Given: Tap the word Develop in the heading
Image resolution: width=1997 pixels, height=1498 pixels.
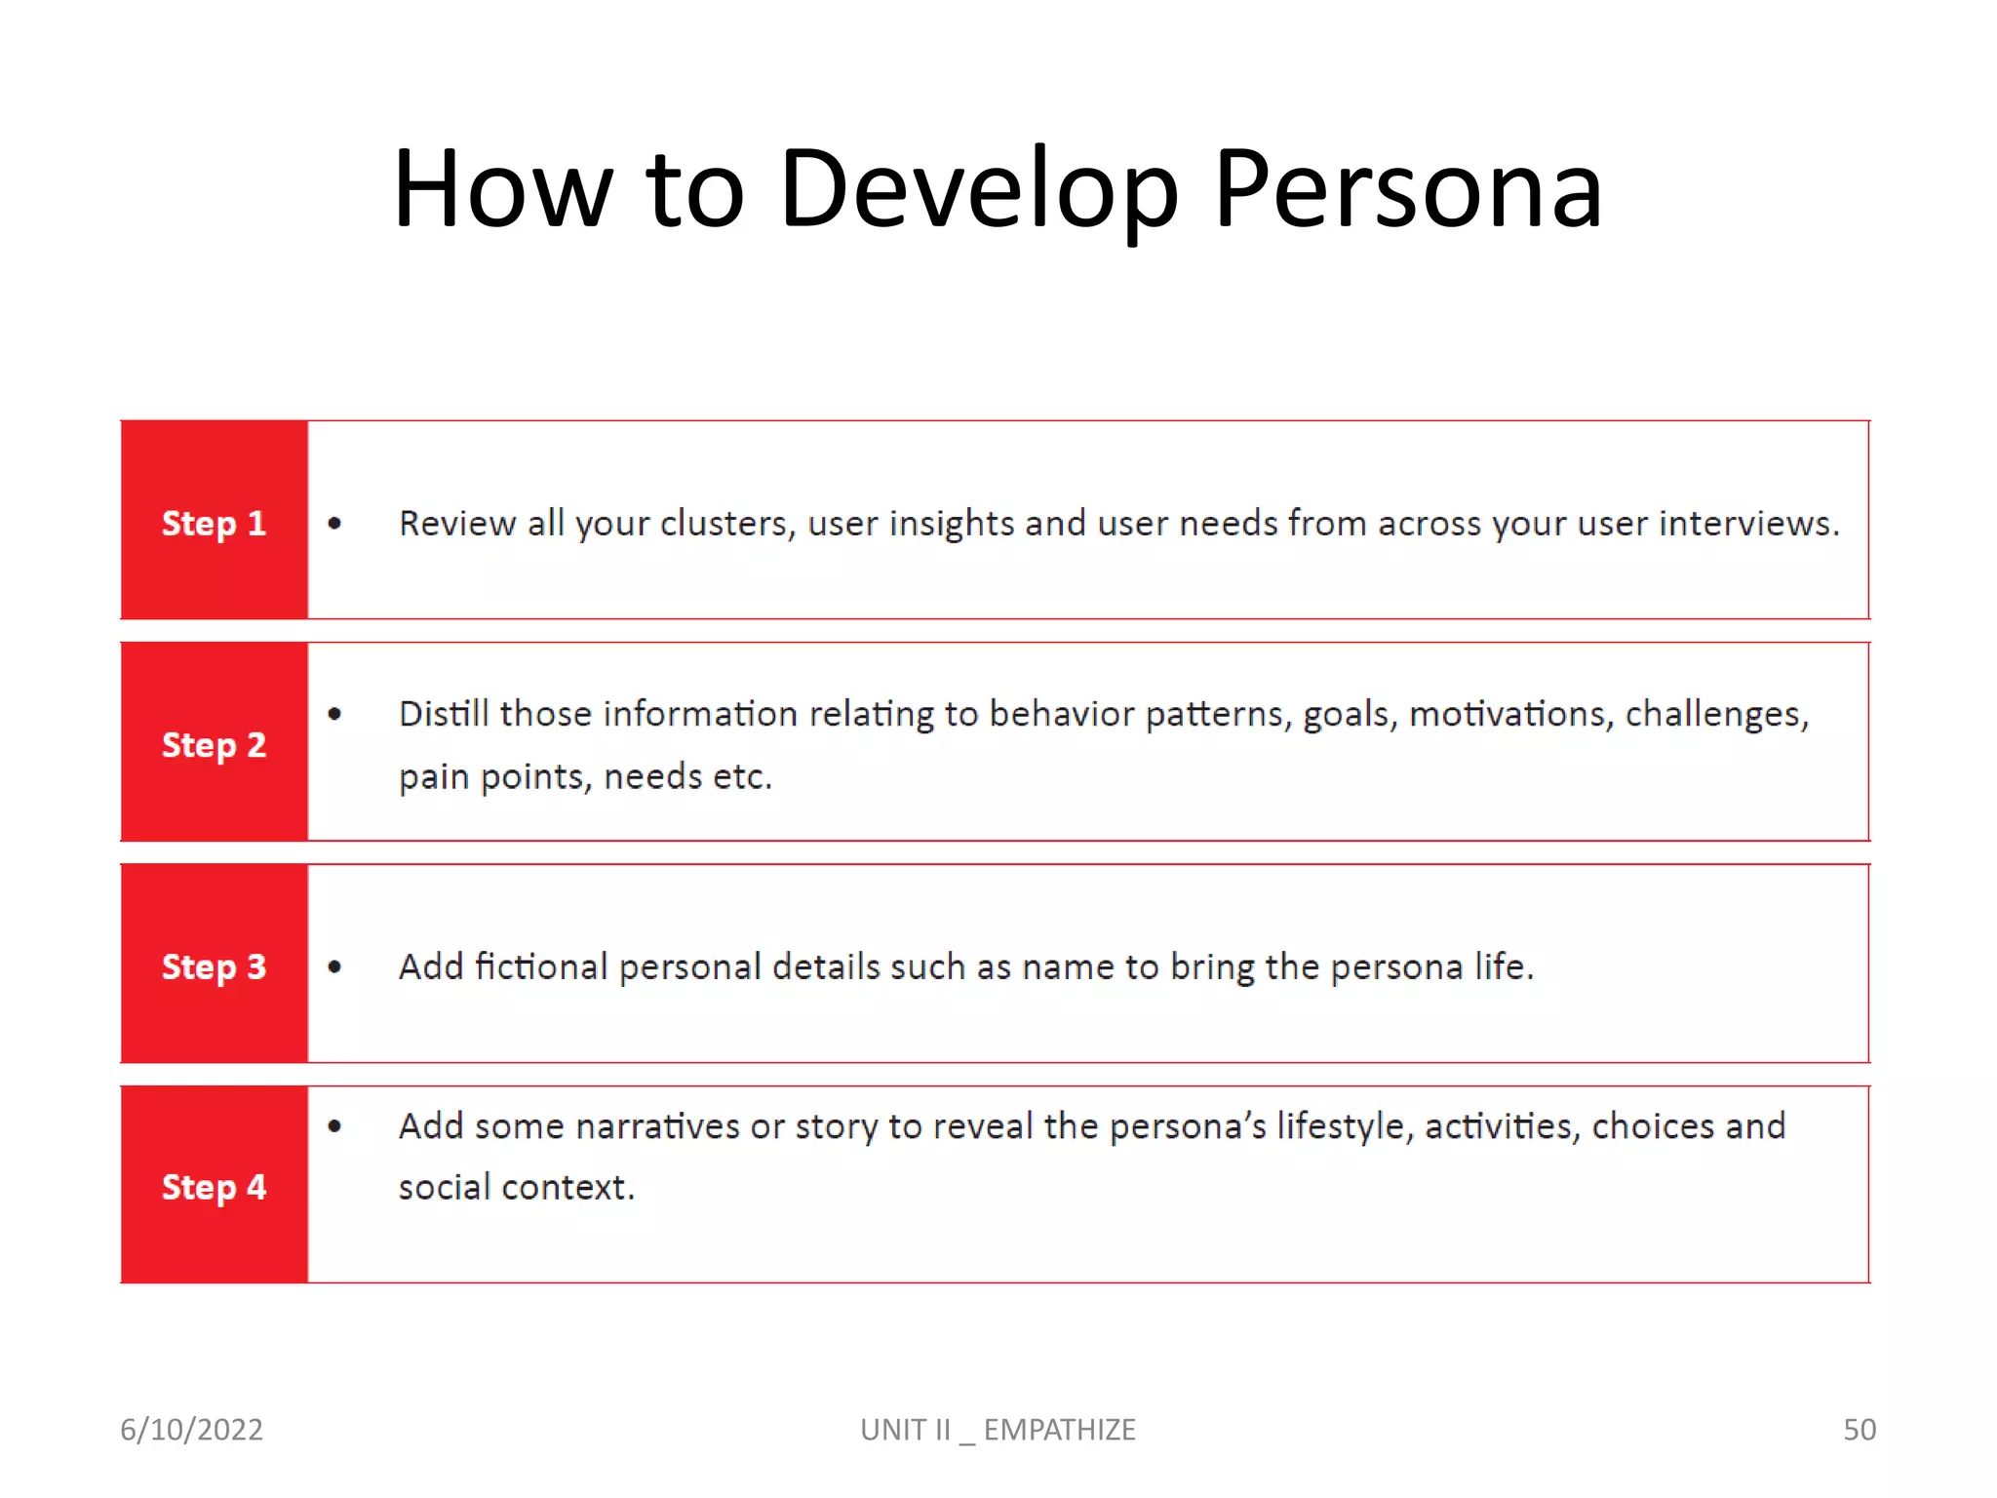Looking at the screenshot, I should (978, 190).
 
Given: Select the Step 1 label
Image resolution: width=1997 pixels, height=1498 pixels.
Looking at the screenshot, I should (214, 524).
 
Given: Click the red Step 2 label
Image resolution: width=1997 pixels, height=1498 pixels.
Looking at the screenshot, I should (214, 745).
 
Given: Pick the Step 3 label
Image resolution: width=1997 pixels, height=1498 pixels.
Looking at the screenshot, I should (214, 966).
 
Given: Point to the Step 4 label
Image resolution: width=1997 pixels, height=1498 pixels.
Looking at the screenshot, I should (214, 1188).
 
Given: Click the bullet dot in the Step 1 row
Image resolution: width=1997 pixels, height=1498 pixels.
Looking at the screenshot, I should (334, 524).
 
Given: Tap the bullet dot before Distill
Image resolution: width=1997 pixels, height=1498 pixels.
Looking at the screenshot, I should (334, 714).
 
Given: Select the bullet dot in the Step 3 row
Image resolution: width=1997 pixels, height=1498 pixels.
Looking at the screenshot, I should (334, 966).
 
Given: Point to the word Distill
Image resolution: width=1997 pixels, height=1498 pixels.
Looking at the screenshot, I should (444, 714).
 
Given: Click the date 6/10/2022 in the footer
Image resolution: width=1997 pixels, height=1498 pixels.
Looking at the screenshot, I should (191, 1430).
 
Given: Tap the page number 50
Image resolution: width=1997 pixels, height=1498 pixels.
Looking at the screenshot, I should (1859, 1430).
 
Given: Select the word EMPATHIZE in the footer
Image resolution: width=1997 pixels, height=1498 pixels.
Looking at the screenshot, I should (1059, 1430).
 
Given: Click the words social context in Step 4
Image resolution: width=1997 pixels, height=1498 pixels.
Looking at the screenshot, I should (516, 1188).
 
